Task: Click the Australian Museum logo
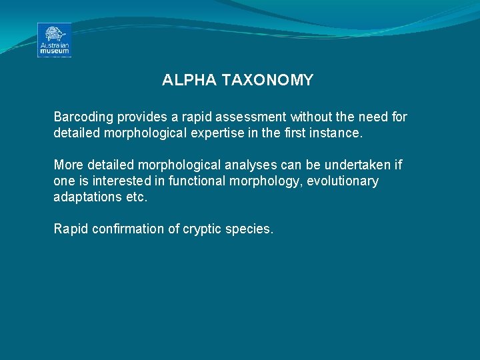tap(54, 40)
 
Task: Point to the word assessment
tap(232, 117)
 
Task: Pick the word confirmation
tap(125, 229)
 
